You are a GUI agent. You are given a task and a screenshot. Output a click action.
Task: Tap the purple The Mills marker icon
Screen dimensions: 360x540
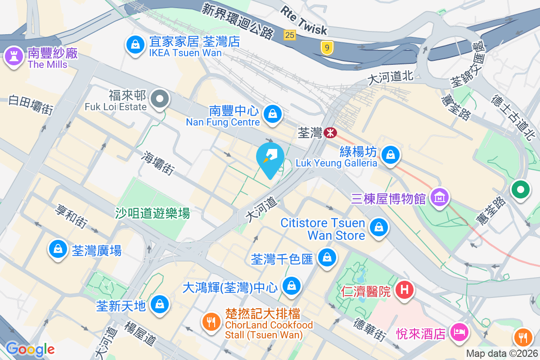(x=14, y=57)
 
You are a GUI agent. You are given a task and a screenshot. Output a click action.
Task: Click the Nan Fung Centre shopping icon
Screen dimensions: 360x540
(x=272, y=113)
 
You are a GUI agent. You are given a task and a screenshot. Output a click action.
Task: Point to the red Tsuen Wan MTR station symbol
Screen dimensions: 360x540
(x=330, y=132)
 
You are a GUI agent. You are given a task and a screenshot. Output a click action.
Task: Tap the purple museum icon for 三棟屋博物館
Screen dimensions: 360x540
(x=439, y=197)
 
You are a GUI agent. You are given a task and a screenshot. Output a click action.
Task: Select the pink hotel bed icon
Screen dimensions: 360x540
(x=459, y=333)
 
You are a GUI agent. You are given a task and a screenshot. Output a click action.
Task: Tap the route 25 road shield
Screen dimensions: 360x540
(x=290, y=35)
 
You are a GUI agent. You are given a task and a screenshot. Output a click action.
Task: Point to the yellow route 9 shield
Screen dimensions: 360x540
(x=327, y=46)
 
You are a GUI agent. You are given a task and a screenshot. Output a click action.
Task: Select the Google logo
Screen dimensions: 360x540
(x=30, y=349)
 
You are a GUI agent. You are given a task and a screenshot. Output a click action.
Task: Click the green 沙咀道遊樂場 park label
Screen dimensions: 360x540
(x=152, y=213)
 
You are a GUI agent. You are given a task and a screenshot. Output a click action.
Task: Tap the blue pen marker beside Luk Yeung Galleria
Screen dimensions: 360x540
(x=270, y=157)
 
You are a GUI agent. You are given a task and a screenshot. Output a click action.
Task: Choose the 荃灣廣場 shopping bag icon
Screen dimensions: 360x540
(x=58, y=249)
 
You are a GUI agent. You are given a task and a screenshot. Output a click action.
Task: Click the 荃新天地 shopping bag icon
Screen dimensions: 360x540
(x=160, y=304)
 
